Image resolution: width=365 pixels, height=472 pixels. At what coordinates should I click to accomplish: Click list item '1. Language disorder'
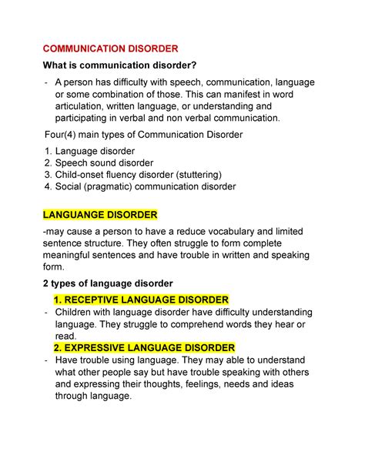[90, 151]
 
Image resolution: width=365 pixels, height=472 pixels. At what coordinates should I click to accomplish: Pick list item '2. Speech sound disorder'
[99, 162]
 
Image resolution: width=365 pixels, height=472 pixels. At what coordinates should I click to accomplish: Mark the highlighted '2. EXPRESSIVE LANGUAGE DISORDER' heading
[144, 347]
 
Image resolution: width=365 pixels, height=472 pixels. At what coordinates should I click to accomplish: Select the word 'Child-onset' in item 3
[87, 174]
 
